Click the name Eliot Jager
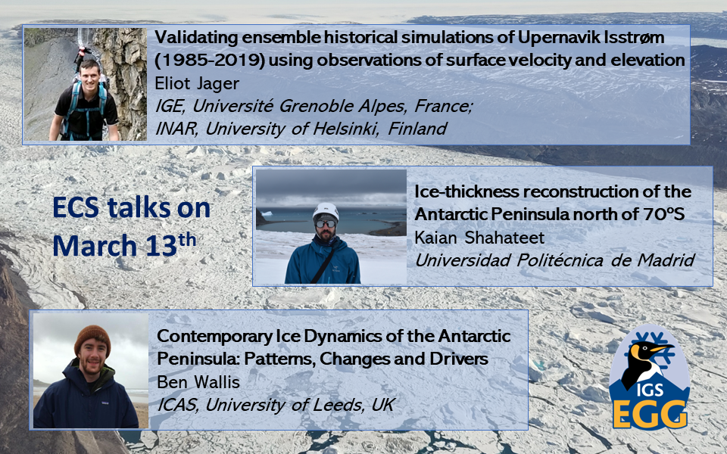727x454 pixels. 197,84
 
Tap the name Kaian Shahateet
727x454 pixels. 479,238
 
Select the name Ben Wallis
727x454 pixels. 198,382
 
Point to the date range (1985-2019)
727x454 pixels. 210,61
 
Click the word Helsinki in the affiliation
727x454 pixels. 345,129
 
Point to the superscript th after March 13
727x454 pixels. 187,240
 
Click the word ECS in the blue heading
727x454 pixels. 76,207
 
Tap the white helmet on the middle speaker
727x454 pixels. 326,211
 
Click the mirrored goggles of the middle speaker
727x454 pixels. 326,224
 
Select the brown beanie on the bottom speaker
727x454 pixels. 92,338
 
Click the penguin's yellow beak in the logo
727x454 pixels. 663,347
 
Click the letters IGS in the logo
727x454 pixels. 650,390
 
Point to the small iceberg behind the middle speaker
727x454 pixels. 267,213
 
